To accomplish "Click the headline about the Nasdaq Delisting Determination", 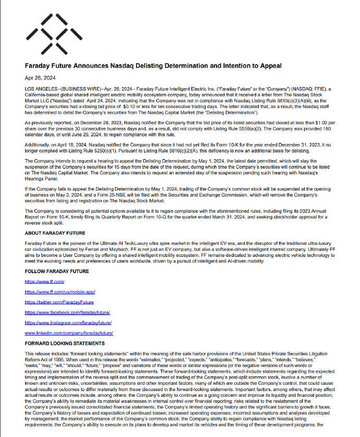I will [x=153, y=66].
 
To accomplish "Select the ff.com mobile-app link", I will [x=60, y=291].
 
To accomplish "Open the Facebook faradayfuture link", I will [x=68, y=312].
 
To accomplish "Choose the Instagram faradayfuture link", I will [x=69, y=323].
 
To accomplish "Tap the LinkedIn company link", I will [x=69, y=333].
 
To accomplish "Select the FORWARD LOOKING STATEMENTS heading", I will [x=65, y=343].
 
